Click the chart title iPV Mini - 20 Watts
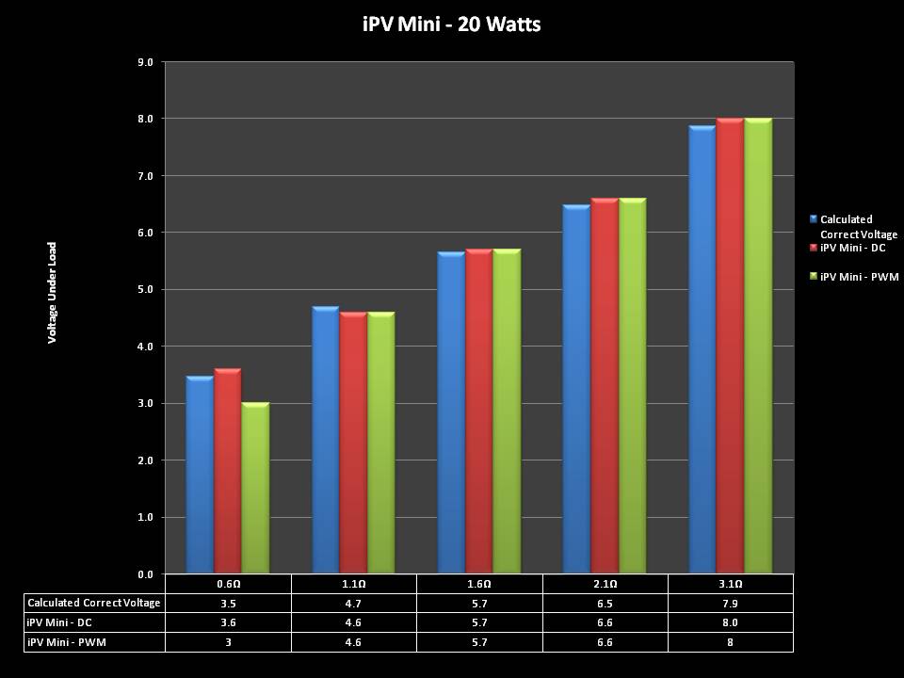[x=452, y=24]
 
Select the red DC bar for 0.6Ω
[x=228, y=471]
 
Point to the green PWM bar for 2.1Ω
[x=632, y=385]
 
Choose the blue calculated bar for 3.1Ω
[x=702, y=349]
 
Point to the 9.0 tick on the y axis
[x=147, y=62]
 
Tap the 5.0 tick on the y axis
[x=147, y=290]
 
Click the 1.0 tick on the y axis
[x=147, y=518]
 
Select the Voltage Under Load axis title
[x=53, y=292]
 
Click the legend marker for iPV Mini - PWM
[x=814, y=276]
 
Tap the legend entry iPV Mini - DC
[x=852, y=248]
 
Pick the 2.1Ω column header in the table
[x=605, y=584]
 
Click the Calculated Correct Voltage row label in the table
[x=94, y=603]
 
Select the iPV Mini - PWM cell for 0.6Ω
[x=228, y=641]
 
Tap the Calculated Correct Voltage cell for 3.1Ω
[x=730, y=603]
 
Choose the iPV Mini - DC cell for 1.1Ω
[x=353, y=622]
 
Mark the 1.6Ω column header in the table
[x=479, y=584]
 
